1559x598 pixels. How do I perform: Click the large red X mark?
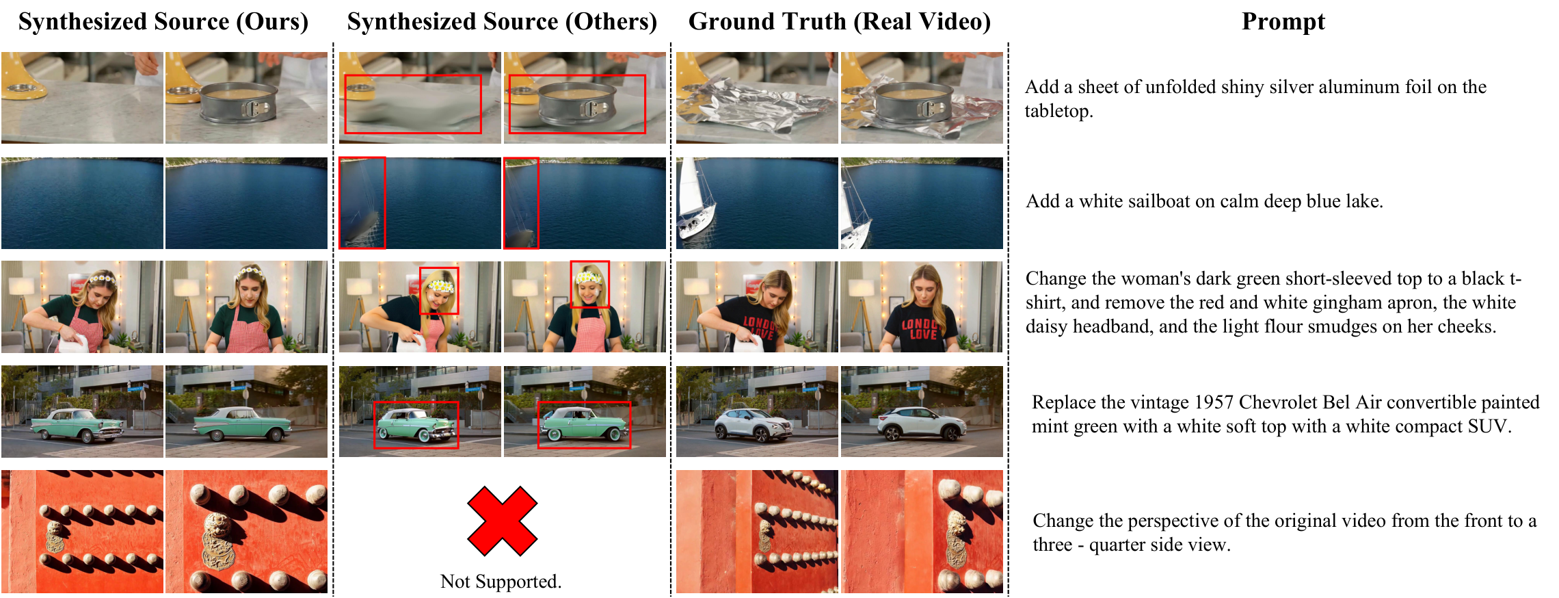pyautogui.click(x=503, y=521)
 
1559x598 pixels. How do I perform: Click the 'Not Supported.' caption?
pyautogui.click(x=501, y=582)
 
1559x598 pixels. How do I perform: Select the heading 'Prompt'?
pyautogui.click(x=1283, y=22)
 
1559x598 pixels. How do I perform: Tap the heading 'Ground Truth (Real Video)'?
pyautogui.click(x=839, y=22)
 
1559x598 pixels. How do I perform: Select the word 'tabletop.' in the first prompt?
pyautogui.click(x=1058, y=111)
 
